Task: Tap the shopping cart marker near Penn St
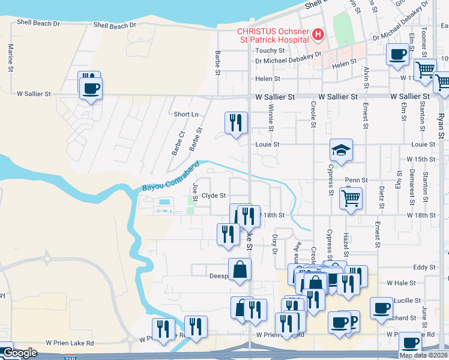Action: (351, 197)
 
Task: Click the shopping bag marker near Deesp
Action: (240, 269)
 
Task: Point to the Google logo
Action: (19, 353)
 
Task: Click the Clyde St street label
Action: (213, 196)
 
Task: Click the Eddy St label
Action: (424, 268)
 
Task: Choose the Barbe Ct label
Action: (175, 143)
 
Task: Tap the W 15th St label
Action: (420, 159)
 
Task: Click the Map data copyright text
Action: (423, 355)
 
